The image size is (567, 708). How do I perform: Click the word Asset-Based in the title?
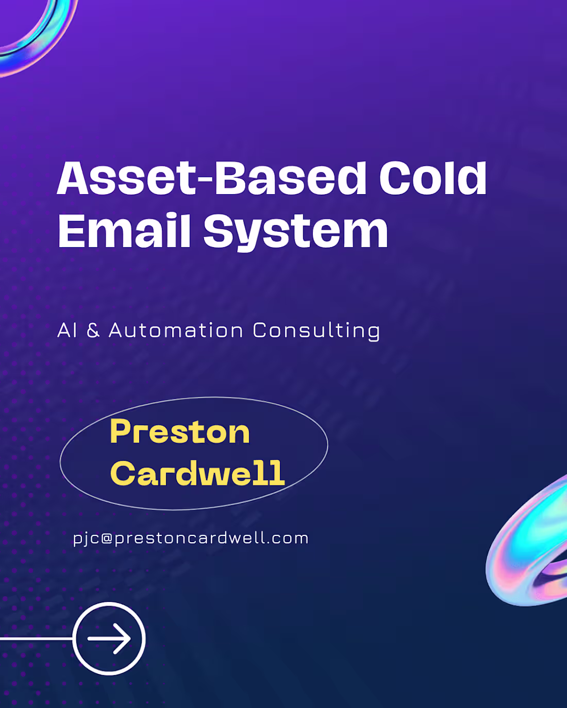point(211,178)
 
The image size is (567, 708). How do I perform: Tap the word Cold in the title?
point(432,178)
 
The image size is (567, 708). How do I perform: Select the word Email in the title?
point(124,231)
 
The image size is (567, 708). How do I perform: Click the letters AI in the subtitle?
point(67,331)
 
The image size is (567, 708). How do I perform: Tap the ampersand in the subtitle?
point(93,331)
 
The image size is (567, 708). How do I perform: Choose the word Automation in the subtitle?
point(176,331)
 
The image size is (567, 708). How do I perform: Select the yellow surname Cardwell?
point(197,473)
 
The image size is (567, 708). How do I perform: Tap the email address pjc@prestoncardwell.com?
point(191,539)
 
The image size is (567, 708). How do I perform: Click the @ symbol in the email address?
point(107,539)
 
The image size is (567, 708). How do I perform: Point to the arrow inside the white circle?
point(109,638)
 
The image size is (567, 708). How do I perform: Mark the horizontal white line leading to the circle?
point(36,638)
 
